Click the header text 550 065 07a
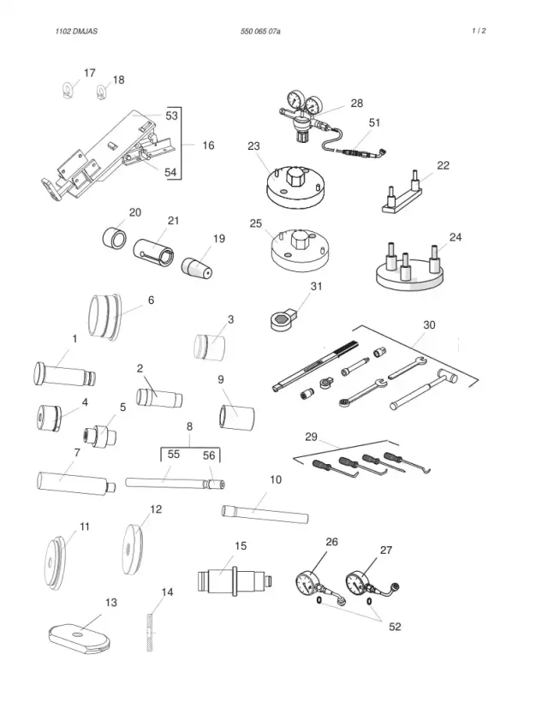point(260,32)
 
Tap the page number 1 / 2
point(479,31)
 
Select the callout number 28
point(357,104)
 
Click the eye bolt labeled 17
point(67,89)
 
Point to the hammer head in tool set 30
point(447,374)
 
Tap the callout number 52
point(395,627)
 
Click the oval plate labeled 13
point(79,637)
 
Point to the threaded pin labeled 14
point(149,633)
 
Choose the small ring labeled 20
point(113,238)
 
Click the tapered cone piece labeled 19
point(197,268)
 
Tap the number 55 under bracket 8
point(173,455)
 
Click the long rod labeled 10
point(265,515)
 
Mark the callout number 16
point(208,146)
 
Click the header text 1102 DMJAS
point(76,32)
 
